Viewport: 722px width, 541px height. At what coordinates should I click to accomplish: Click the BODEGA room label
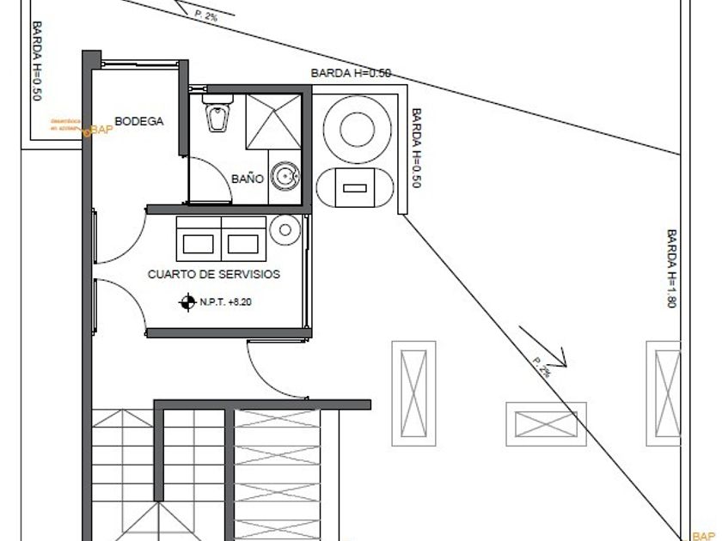[x=138, y=122]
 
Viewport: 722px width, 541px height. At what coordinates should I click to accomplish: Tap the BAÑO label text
[x=248, y=179]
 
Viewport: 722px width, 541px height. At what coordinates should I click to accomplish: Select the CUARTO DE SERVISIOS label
[x=214, y=275]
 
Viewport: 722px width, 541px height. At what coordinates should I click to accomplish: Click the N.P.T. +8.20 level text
[x=226, y=302]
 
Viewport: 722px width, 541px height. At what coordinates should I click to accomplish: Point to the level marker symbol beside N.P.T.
[x=187, y=302]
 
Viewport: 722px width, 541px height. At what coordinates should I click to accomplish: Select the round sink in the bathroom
[x=285, y=177]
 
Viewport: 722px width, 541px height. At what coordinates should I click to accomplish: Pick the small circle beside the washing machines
[x=283, y=228]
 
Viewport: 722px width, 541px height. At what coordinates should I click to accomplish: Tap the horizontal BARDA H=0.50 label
[x=351, y=74]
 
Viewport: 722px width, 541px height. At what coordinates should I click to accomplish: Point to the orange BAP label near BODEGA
[x=101, y=131]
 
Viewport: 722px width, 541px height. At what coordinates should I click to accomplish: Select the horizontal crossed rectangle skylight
[x=546, y=423]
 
